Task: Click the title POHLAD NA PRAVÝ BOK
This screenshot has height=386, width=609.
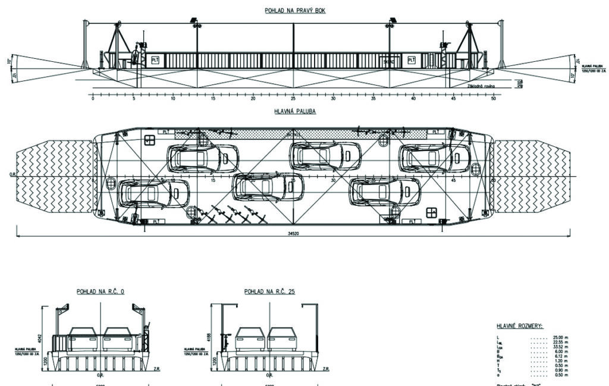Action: tap(295, 11)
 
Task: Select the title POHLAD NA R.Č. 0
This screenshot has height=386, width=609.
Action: tap(101, 291)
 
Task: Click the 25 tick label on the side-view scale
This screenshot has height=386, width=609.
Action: tap(293, 99)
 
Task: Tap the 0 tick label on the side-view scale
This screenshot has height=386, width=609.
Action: tap(93, 99)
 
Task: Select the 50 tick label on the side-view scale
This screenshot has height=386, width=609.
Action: tap(493, 99)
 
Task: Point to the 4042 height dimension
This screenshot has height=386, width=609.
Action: tap(43, 327)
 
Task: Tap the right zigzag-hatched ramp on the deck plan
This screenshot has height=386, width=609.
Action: tap(531, 177)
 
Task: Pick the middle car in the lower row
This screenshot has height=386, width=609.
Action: tap(267, 187)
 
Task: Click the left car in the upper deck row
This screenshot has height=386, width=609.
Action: tap(203, 158)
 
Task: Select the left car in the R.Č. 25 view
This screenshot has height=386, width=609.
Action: tap(250, 340)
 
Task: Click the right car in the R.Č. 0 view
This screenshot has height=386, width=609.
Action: tap(117, 340)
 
